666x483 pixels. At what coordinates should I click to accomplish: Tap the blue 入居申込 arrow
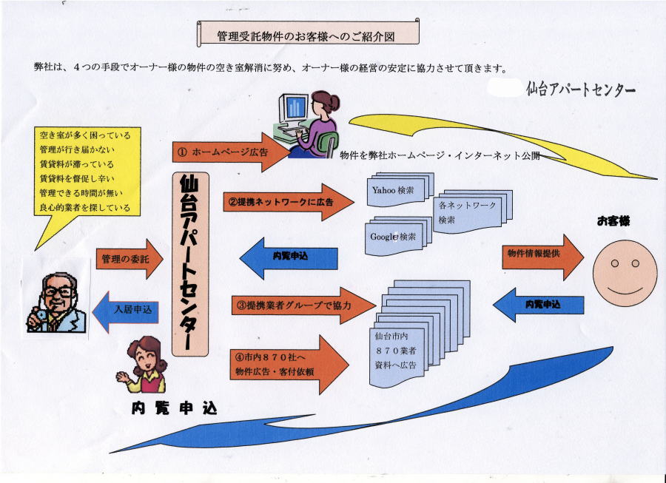pyautogui.click(x=129, y=310)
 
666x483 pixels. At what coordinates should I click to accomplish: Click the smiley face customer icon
pyautogui.click(x=626, y=274)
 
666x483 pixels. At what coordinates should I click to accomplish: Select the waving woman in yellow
pyautogui.click(x=147, y=365)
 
